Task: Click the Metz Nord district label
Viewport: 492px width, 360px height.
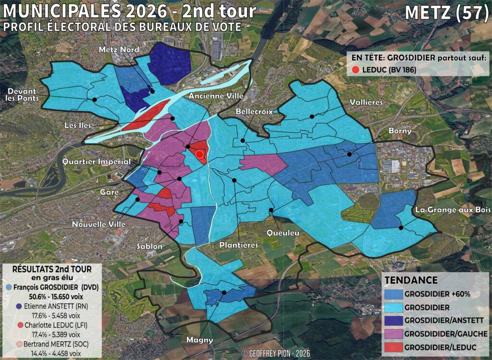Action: (x=119, y=50)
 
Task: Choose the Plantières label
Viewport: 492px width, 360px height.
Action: (x=238, y=245)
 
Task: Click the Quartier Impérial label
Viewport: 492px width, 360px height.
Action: (x=97, y=162)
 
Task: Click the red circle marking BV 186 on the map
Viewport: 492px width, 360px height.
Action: (x=199, y=154)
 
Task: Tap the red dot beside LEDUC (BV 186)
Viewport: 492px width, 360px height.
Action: (x=356, y=70)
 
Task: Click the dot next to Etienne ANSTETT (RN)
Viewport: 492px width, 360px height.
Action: (x=18, y=306)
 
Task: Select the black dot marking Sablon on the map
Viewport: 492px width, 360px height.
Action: (x=181, y=222)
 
